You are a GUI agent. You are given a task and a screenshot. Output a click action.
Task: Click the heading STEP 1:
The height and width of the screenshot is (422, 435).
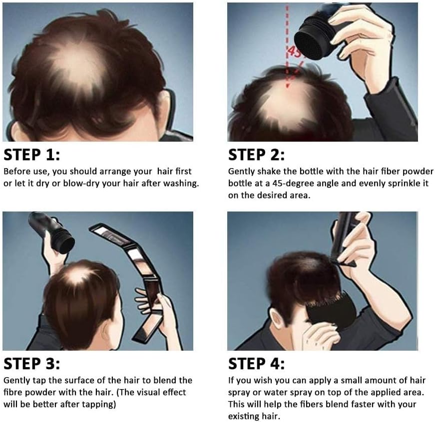click(x=31, y=155)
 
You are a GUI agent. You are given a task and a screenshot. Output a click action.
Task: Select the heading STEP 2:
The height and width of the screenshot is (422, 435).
click(x=256, y=155)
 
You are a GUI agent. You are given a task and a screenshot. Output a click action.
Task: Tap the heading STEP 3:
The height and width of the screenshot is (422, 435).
click(x=31, y=364)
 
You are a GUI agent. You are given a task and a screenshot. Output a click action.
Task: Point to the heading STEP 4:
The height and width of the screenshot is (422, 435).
click(x=256, y=364)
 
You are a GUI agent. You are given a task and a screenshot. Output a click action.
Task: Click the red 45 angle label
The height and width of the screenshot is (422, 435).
click(x=294, y=52)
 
